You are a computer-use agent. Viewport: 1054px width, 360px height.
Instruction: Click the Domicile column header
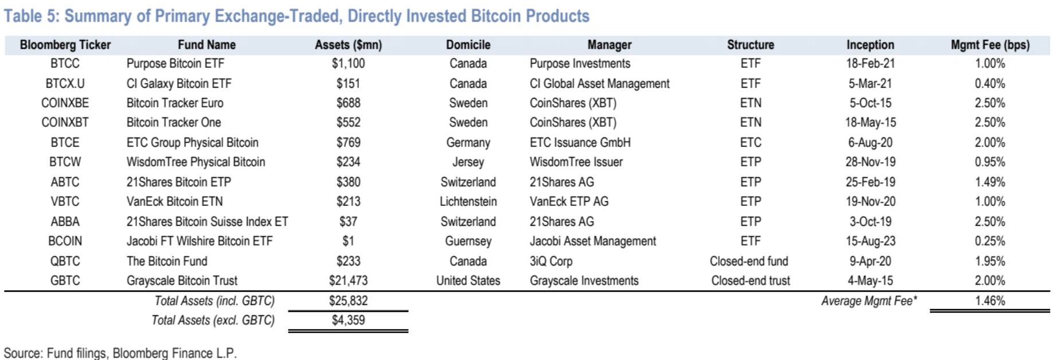(468, 45)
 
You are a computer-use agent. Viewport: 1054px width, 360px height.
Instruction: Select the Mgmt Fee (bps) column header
(990, 45)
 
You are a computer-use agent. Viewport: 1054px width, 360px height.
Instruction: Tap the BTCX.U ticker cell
(65, 84)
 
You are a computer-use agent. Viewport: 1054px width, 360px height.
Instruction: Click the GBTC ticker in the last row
(65, 281)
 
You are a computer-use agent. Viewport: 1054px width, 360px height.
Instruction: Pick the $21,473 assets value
(348, 281)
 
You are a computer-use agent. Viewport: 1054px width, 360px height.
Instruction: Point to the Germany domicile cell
(468, 143)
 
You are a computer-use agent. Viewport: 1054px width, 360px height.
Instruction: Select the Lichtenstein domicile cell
(468, 202)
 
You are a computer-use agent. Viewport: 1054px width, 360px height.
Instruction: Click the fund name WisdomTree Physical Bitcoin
(196, 162)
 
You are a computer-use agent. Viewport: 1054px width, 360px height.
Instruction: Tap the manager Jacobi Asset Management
(592, 241)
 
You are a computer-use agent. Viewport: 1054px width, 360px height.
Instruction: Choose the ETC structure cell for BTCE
(750, 143)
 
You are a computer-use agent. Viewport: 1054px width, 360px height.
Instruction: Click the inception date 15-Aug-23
(870, 241)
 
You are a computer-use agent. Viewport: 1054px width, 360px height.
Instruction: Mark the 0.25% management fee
(990, 241)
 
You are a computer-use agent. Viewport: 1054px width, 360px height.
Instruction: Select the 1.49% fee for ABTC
(990, 182)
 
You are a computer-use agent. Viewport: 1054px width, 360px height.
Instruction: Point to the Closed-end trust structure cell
(750, 281)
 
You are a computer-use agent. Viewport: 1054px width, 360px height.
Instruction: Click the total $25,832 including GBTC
(348, 301)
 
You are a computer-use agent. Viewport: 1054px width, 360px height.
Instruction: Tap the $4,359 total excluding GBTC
(348, 320)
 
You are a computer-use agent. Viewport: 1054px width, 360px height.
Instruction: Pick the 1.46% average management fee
(990, 301)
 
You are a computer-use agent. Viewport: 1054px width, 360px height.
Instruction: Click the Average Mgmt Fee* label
(869, 301)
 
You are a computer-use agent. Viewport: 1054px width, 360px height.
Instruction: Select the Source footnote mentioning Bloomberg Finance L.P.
(120, 353)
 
